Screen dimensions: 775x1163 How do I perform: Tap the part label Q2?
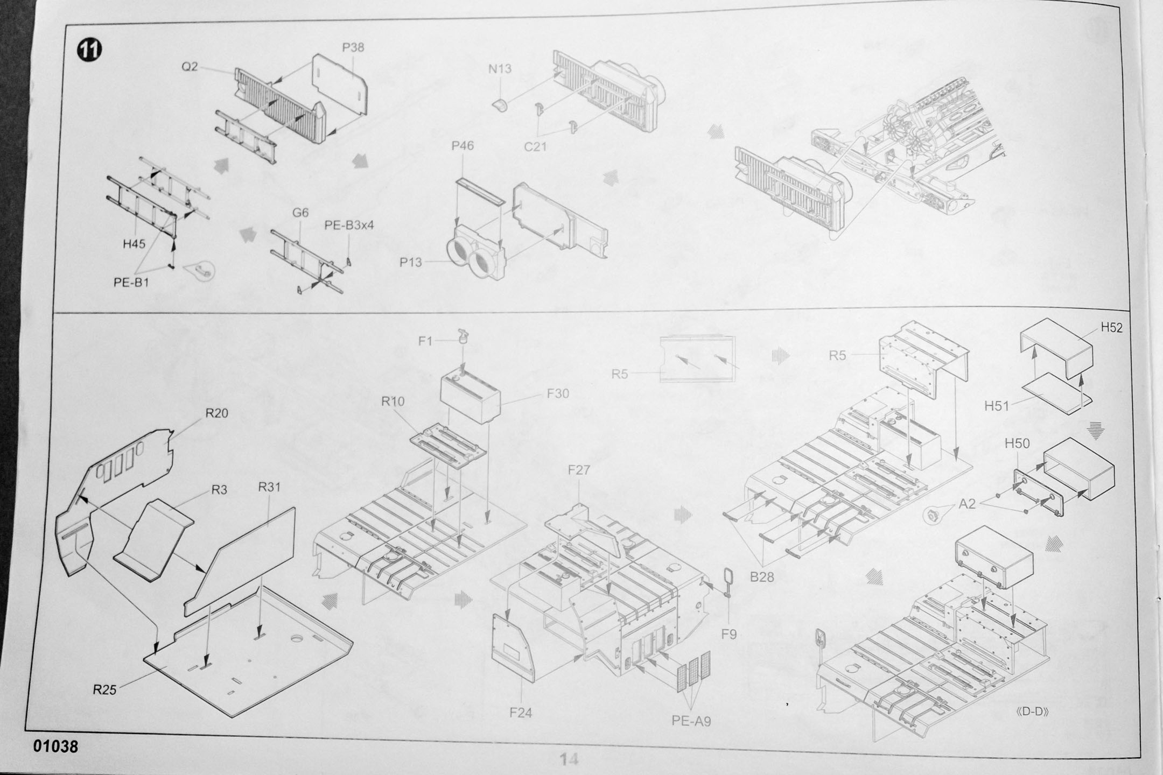click(190, 67)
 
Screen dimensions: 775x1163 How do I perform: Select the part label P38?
click(353, 47)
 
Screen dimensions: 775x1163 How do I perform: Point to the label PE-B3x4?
click(349, 226)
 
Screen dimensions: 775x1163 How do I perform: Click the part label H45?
click(134, 244)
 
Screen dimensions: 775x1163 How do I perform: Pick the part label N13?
click(500, 69)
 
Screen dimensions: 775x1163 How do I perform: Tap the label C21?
click(535, 146)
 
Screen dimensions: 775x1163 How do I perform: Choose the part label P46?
click(463, 146)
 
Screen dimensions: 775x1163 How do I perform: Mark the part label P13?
click(410, 263)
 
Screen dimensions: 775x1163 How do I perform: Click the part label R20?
click(216, 413)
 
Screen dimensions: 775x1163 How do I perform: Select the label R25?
click(104, 689)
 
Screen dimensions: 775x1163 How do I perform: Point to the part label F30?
click(557, 393)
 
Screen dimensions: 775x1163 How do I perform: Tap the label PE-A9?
click(691, 721)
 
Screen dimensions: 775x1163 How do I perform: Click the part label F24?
click(521, 713)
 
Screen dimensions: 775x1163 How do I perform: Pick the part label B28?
click(762, 577)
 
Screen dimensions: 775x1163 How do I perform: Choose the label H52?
click(1111, 328)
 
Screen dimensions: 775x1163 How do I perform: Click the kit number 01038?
click(55, 746)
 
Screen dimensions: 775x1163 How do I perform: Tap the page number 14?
click(569, 759)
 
